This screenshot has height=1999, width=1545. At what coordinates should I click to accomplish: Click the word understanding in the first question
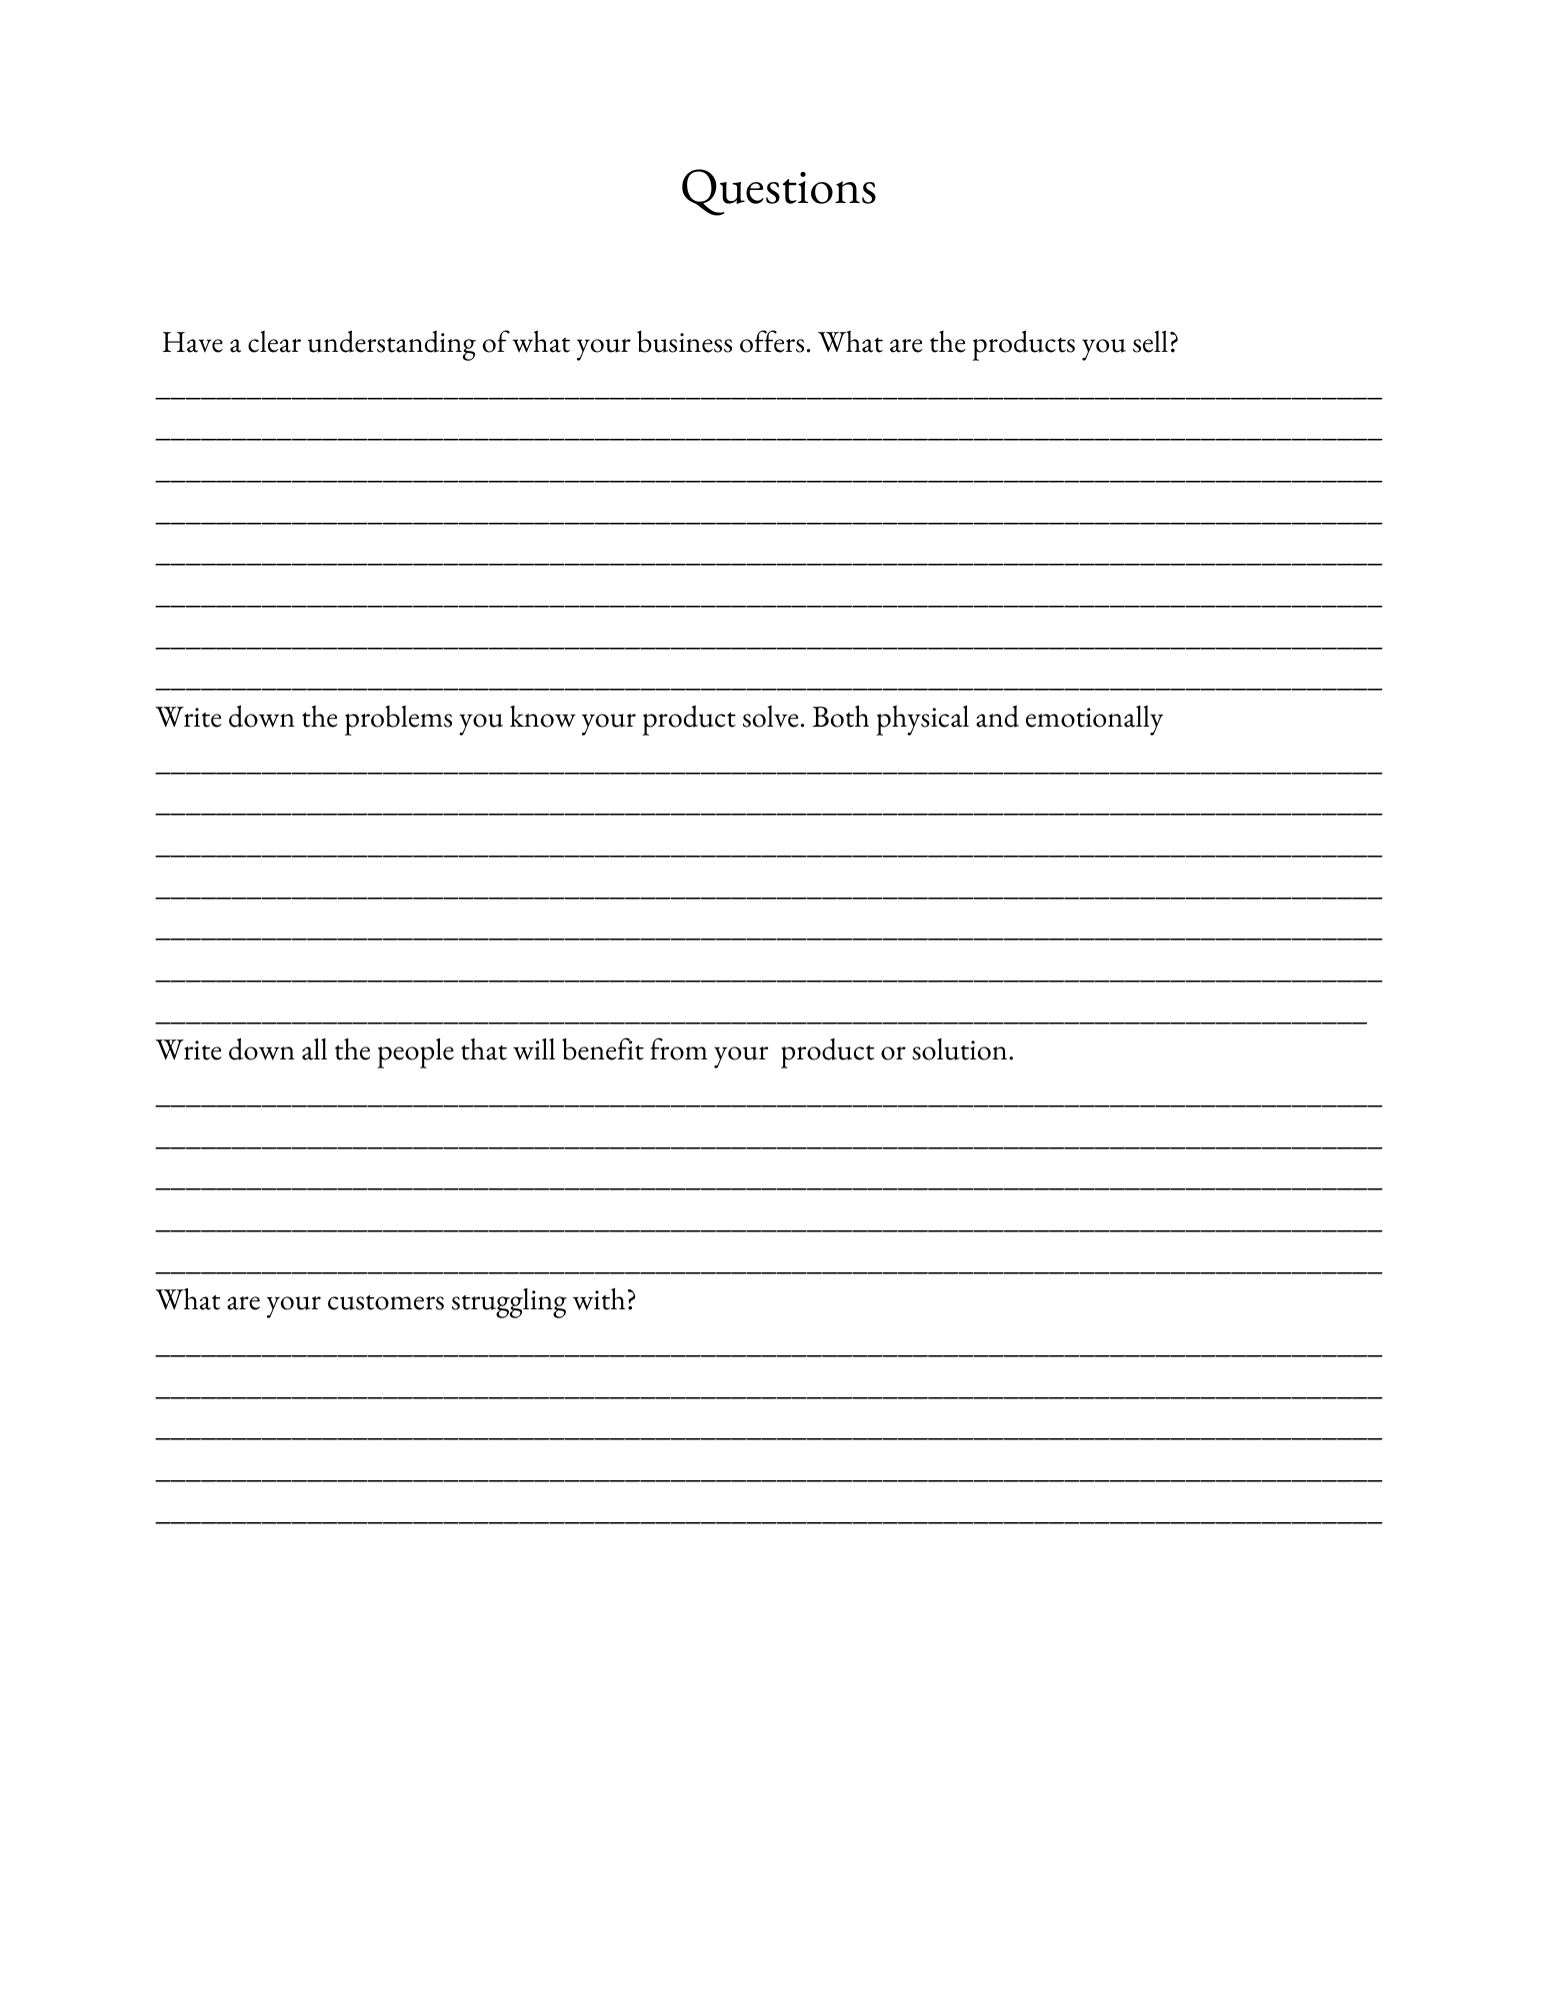[390, 344]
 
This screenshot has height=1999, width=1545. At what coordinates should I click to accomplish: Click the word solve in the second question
[771, 719]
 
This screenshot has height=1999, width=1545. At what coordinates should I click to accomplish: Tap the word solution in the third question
[961, 1051]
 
